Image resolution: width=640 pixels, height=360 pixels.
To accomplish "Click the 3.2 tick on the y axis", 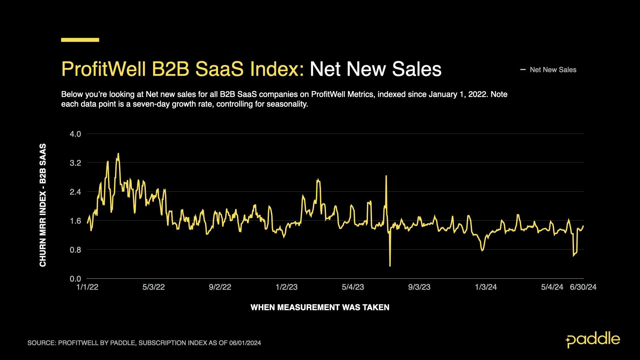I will tap(75, 163).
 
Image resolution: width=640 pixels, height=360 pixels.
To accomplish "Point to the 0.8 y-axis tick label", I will tap(75, 250).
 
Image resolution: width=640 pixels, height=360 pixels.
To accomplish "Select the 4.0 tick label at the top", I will tap(75, 134).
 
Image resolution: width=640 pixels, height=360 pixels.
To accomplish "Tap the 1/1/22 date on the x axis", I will tap(87, 287).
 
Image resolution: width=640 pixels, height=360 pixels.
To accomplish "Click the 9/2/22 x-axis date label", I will tap(220, 287).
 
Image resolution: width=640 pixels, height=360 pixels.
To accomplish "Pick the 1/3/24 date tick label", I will tap(486, 287).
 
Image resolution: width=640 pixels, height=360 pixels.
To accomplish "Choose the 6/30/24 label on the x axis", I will tap(583, 287).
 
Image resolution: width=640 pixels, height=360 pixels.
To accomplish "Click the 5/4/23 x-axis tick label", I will tap(353, 287).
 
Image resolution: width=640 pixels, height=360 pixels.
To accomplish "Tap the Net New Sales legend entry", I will tap(553, 70).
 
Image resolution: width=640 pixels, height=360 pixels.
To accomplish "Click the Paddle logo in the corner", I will tap(593, 340).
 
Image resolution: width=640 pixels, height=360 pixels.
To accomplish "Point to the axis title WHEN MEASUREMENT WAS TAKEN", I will tap(320, 307).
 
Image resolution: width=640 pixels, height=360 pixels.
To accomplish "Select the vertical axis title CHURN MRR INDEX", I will tap(43, 205).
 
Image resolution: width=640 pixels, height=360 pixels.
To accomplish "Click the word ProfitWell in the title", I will tap(104, 69).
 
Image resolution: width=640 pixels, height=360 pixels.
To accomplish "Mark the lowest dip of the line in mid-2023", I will tap(390, 266).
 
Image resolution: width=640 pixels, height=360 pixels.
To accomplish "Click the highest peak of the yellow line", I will tap(118, 154).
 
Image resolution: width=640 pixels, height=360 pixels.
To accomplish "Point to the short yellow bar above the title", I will tap(80, 40).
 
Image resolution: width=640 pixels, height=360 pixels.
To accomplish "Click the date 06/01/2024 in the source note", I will tap(245, 343).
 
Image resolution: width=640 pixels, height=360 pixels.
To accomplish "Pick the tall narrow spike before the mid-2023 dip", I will tap(386, 176).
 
